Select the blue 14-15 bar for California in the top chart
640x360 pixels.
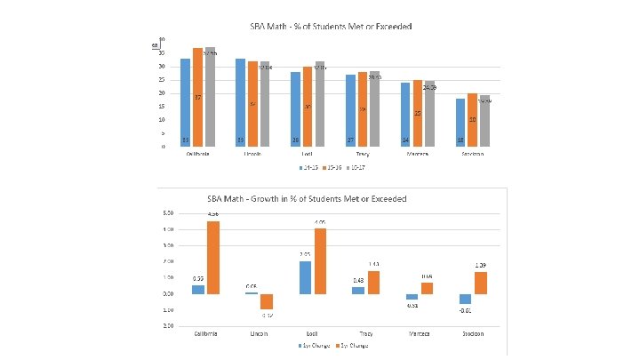click(186, 102)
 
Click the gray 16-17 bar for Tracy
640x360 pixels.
click(374, 108)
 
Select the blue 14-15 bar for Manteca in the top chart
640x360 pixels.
click(405, 114)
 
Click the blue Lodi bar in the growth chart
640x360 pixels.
click(306, 277)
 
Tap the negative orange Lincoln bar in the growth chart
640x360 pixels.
click(266, 301)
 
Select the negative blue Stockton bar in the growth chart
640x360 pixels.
click(465, 299)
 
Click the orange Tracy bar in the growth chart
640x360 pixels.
click(373, 283)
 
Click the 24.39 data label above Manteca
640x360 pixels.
click(429, 87)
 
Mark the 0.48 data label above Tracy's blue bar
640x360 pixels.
click(358, 281)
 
